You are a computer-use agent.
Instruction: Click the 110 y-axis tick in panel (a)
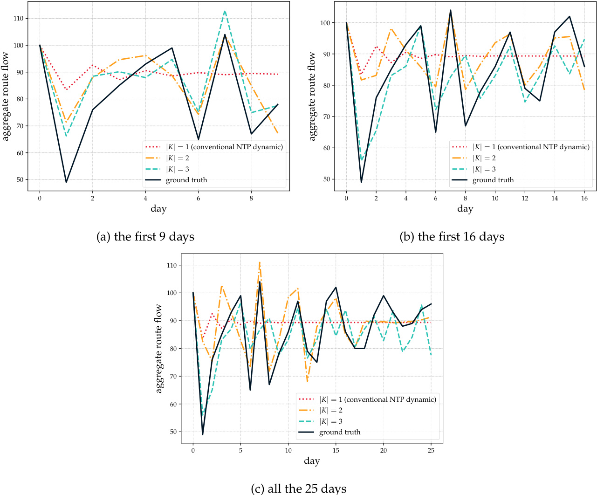click(19, 19)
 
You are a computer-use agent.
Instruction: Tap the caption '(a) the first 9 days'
click(145, 237)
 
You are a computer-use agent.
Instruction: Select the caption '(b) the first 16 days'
click(452, 237)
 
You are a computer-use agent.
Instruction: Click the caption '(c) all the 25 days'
click(298, 489)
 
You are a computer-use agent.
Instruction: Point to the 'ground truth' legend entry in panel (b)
click(493, 180)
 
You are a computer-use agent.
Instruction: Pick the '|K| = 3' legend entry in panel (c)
click(330, 421)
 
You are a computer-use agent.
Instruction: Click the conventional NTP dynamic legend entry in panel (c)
click(377, 399)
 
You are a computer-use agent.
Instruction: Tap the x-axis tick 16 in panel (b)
click(584, 199)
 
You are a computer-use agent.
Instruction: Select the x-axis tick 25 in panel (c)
click(431, 451)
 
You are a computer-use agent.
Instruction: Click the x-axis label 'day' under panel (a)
click(158, 209)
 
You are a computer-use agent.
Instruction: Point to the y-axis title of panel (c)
click(159, 348)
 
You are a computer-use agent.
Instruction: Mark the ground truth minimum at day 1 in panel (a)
click(66, 182)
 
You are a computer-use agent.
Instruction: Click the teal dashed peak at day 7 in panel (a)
click(225, 11)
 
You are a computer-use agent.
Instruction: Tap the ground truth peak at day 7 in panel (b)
click(451, 10)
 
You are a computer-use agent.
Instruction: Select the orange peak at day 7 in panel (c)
click(260, 262)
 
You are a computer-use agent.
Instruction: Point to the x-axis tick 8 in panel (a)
click(252, 199)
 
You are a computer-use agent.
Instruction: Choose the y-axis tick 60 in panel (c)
click(172, 404)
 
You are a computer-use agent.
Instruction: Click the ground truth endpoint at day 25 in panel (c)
click(431, 304)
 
